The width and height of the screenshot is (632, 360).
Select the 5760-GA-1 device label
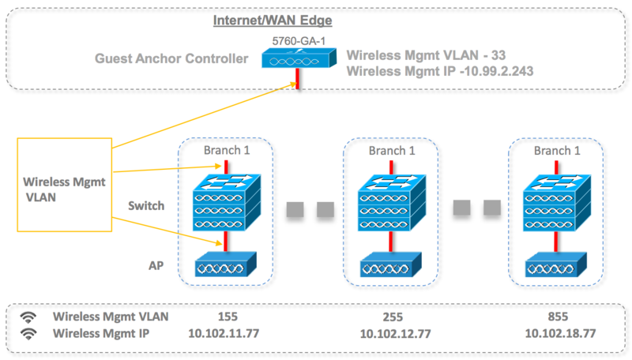tap(298, 38)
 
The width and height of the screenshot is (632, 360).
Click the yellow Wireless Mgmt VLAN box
tap(63, 186)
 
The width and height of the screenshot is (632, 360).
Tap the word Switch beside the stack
tap(147, 206)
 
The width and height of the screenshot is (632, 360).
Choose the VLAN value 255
tap(393, 317)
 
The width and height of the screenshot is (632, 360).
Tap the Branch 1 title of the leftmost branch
tap(225, 151)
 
